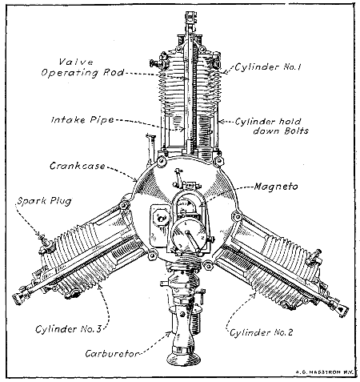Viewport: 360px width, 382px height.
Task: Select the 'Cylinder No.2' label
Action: [260, 330]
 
